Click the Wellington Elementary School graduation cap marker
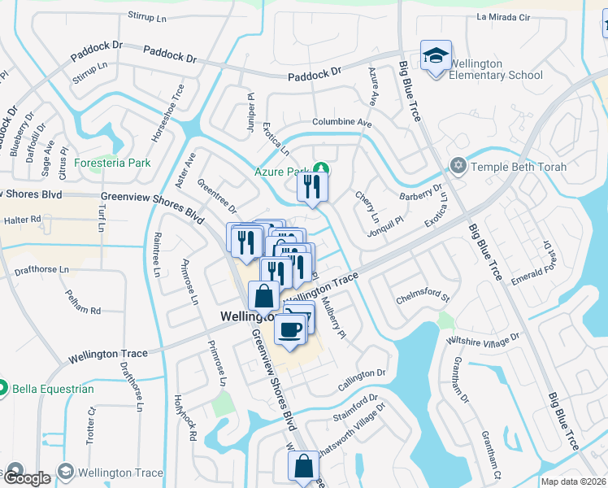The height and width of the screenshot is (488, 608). point(436,56)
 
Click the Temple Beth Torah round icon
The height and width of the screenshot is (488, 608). point(458,166)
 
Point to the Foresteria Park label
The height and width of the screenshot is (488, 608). point(113,163)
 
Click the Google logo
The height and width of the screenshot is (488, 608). point(27,478)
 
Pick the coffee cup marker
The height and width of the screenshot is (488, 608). point(289,329)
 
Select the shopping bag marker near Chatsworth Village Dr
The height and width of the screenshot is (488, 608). point(303,466)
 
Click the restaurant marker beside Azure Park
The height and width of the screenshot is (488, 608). point(312,188)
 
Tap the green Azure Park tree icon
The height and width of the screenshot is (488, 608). point(322,169)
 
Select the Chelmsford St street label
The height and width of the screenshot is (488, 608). point(422,298)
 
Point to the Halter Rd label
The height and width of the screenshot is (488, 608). point(23,220)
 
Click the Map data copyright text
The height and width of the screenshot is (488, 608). point(572,481)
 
